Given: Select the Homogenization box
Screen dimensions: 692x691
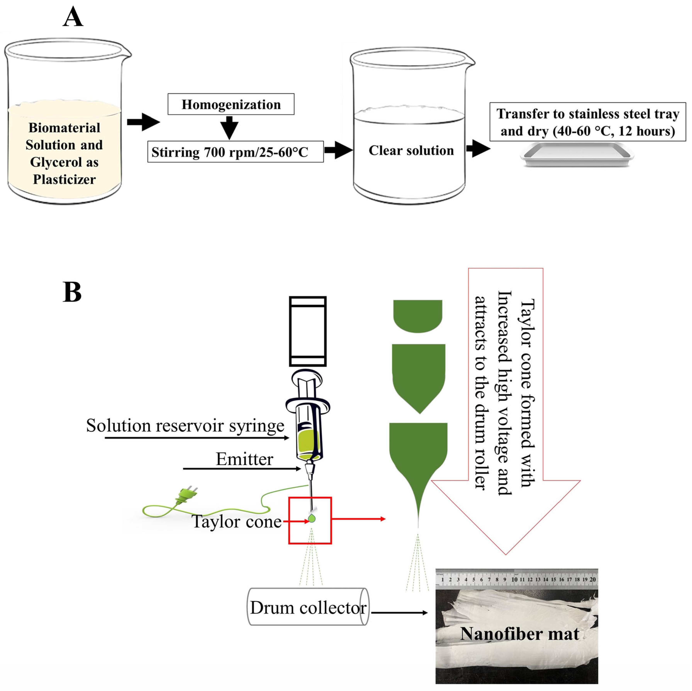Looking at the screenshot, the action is tap(231, 104).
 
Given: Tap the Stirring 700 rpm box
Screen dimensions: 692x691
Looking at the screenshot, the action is tap(235, 152).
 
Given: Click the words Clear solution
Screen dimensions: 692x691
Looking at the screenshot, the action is tap(411, 150).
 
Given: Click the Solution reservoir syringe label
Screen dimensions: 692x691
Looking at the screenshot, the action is tap(185, 426).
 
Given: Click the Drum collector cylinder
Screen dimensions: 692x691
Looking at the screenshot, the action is tap(308, 606).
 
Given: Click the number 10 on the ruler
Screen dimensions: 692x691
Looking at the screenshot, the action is tap(514, 579).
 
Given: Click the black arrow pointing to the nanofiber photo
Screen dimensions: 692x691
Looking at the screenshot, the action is tap(399, 613).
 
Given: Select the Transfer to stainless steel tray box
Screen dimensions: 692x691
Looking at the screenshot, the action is tap(588, 122).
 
